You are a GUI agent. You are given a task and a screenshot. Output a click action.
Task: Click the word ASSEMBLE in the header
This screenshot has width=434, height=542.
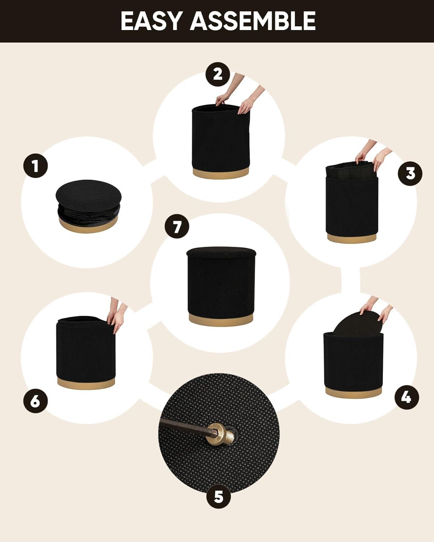click(253, 21)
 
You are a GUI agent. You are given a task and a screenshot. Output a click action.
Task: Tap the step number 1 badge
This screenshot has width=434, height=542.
click(35, 166)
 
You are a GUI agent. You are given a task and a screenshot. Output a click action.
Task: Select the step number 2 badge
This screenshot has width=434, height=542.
click(218, 74)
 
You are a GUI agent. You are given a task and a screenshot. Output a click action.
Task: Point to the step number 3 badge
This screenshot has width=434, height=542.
click(410, 173)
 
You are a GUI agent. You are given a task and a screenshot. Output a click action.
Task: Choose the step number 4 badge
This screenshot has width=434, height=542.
click(407, 397)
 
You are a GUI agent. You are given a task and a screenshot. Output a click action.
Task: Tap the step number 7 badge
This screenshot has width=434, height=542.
click(177, 227)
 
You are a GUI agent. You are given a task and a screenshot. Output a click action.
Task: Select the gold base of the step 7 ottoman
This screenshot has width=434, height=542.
click(221, 319)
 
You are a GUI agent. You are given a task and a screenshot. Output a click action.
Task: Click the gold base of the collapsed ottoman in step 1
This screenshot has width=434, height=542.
click(88, 224)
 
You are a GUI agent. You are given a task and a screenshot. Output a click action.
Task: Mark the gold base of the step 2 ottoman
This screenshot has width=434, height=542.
click(221, 173)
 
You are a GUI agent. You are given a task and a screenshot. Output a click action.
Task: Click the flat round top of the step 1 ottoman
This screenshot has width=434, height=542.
click(88, 195)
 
